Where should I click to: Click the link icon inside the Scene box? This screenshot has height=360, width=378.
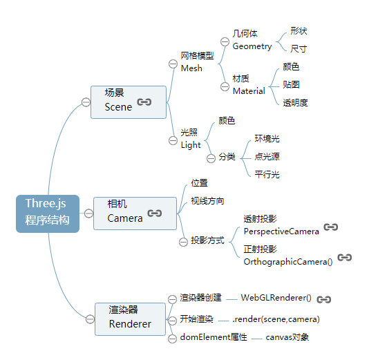[144, 102]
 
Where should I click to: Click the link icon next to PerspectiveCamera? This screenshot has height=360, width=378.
[331, 227]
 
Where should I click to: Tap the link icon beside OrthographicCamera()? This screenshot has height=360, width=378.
[345, 257]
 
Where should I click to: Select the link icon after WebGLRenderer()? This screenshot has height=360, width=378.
[324, 299]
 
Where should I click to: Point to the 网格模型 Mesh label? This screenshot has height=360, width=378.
[197, 62]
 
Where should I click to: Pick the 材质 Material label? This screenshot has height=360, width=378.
[248, 85]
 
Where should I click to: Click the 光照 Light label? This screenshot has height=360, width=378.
[191, 139]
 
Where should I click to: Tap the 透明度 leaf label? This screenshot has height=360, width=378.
[295, 103]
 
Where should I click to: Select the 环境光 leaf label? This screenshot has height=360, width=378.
[267, 138]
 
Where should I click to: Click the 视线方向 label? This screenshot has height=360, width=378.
[207, 201]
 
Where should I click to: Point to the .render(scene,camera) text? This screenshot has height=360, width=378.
[276, 319]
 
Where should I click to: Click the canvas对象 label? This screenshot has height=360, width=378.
[287, 338]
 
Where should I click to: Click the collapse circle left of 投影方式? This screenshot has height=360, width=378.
[183, 241]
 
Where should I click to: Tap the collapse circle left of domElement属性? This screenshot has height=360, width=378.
[173, 338]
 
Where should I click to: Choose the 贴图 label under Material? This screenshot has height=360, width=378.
[291, 84]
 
